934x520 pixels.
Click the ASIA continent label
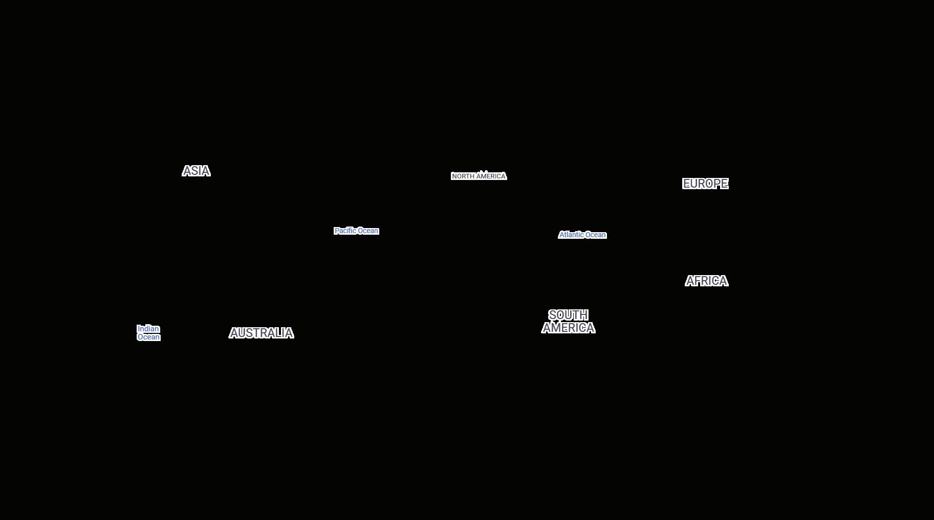(196, 171)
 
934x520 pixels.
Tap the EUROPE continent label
(705, 184)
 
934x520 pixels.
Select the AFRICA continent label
(706, 281)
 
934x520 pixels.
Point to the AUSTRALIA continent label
(261, 333)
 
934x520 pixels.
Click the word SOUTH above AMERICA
(568, 315)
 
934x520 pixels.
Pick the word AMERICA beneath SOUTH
(568, 328)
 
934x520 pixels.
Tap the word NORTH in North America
(463, 176)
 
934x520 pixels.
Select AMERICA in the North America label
(491, 176)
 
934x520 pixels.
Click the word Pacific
(345, 231)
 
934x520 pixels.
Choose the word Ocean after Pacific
(368, 231)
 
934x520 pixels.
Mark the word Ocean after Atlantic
(596, 235)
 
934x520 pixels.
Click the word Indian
(148, 329)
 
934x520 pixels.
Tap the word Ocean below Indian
(149, 337)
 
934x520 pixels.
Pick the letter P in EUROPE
(716, 184)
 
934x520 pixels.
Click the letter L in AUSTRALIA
(279, 333)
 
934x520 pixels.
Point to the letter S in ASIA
(193, 171)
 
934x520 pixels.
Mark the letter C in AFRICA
(714, 281)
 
